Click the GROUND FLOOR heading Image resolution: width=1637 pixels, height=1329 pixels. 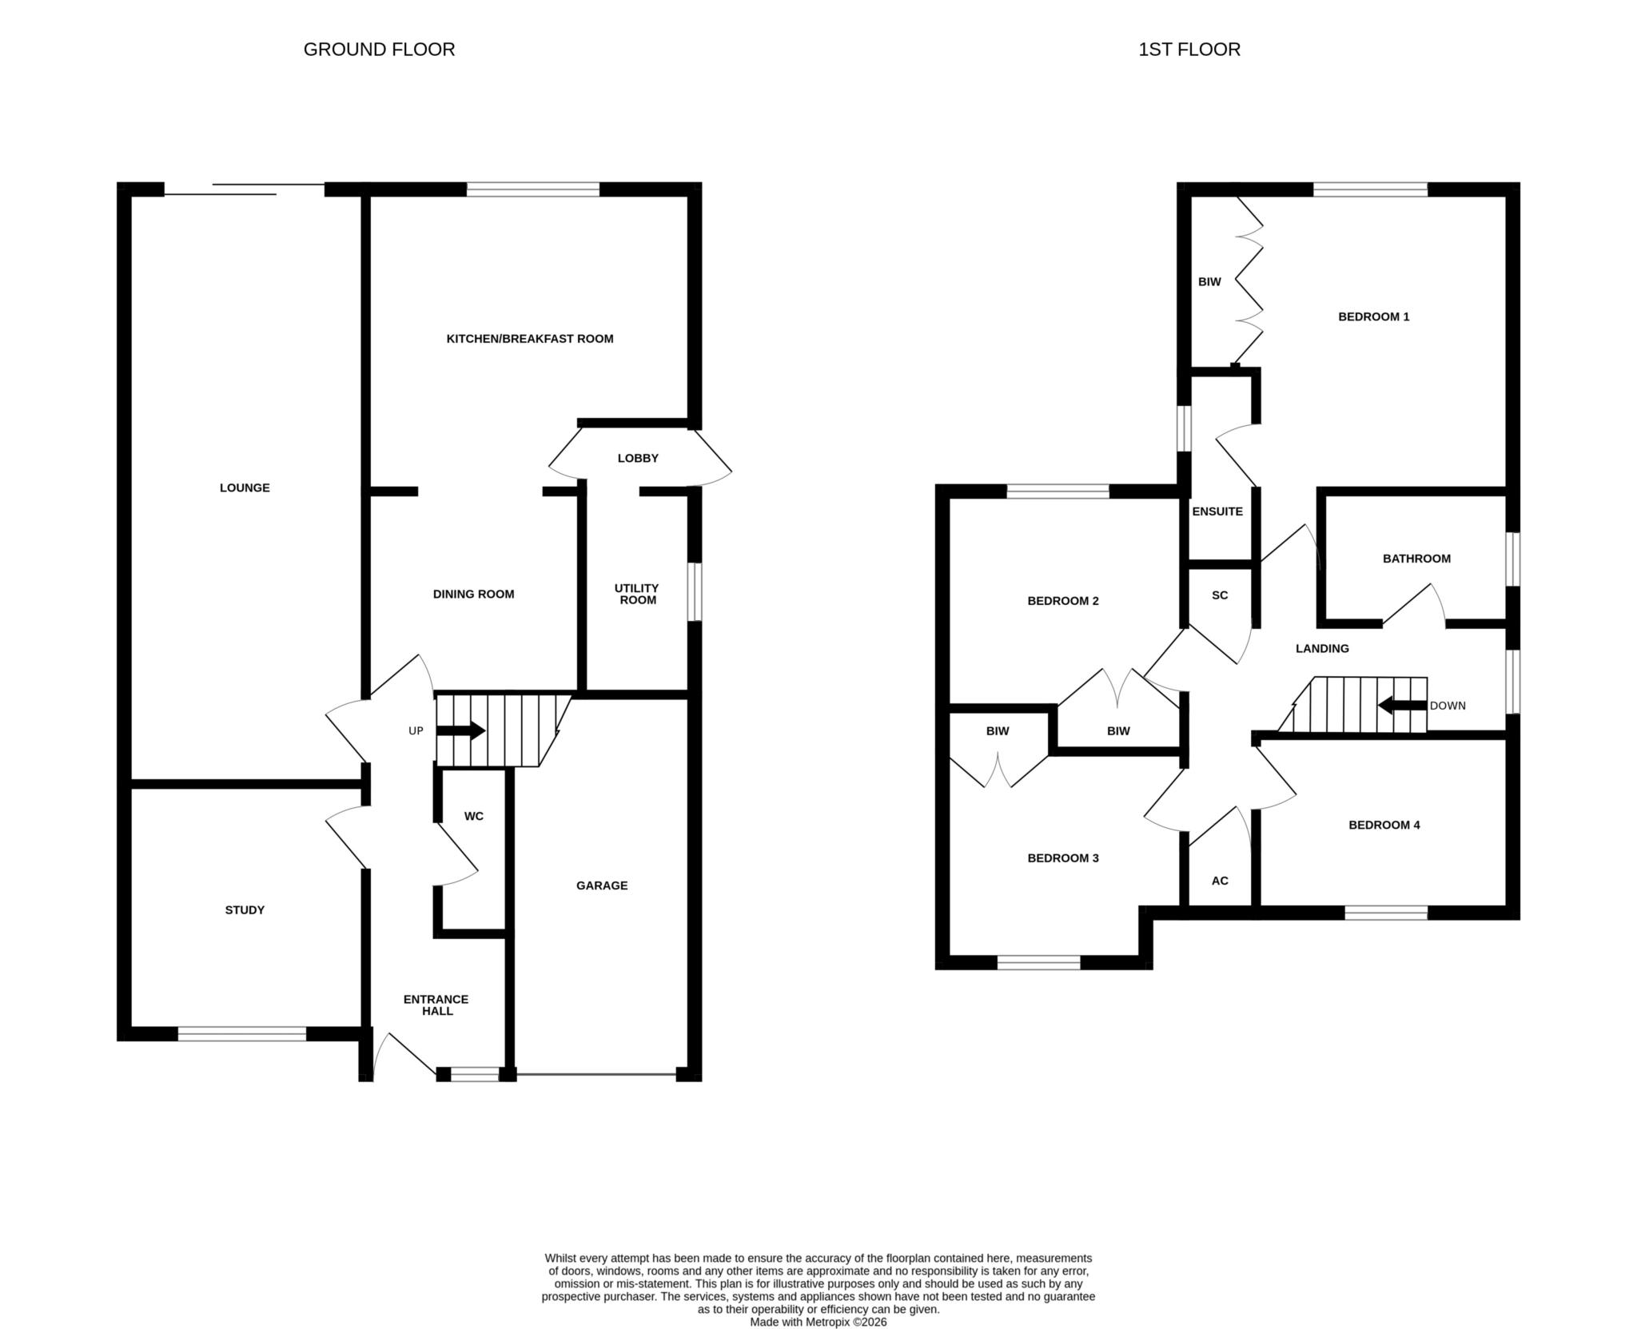379,50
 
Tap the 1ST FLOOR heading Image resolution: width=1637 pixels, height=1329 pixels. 1189,50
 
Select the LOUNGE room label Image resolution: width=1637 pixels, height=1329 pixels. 245,488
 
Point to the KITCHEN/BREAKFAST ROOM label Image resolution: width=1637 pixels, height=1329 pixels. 530,339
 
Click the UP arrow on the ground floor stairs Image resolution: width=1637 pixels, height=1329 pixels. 460,730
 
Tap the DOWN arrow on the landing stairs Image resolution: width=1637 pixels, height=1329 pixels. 1403,706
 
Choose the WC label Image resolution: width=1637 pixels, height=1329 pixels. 474,817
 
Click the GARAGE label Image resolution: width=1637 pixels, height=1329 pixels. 602,885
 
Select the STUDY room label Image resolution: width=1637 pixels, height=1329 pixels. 245,910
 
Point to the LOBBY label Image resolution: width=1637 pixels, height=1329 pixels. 638,459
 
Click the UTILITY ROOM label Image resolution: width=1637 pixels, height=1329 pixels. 637,595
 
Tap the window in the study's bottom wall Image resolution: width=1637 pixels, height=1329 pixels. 241,1034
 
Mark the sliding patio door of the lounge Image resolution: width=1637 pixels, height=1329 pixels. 245,189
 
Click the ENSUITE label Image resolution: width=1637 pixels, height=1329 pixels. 1217,512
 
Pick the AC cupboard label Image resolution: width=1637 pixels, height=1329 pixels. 1220,881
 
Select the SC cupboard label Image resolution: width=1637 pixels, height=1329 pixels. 1220,596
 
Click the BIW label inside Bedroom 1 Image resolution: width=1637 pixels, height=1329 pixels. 1209,282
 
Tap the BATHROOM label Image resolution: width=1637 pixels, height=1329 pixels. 1416,559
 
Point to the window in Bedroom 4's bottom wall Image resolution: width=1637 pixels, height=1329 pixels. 1386,913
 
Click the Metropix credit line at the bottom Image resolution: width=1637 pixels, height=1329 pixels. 818,1323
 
